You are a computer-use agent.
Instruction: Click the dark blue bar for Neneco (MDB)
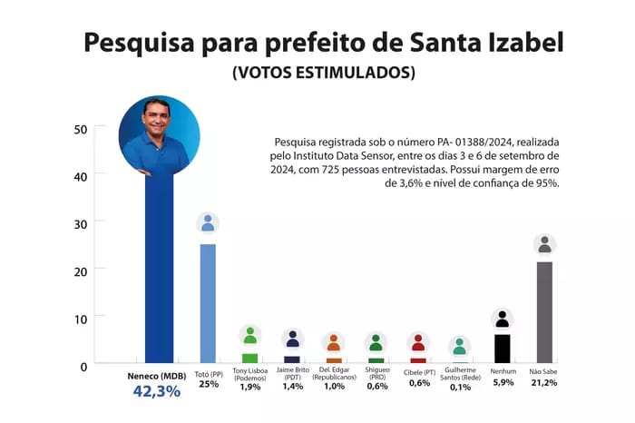click(159, 272)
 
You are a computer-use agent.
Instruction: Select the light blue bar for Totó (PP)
click(208, 304)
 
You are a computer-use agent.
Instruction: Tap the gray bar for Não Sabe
click(544, 313)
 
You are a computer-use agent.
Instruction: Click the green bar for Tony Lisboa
click(249, 359)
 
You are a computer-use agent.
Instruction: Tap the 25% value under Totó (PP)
click(209, 384)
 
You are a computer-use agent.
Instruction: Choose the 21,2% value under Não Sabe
click(544, 384)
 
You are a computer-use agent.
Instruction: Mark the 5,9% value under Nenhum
click(502, 384)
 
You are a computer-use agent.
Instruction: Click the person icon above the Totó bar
click(208, 223)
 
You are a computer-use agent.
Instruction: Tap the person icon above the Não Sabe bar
click(544, 244)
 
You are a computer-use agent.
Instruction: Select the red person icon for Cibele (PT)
click(418, 342)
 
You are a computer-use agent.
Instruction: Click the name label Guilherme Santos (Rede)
click(460, 374)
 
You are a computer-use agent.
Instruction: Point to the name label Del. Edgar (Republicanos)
click(334, 374)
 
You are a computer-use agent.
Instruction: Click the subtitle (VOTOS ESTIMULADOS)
click(324, 72)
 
